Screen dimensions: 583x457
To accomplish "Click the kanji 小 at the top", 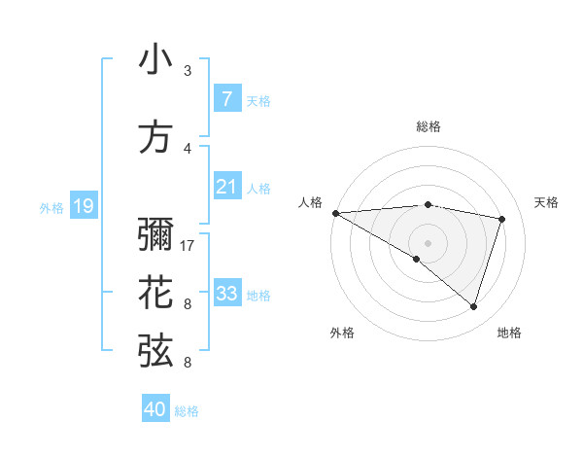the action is tap(156, 61).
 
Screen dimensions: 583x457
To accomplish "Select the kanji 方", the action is tap(156, 137).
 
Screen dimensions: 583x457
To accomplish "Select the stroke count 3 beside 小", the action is tap(188, 71).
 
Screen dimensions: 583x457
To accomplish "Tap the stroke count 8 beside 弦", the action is tap(188, 363).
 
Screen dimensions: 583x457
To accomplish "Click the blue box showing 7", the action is tap(226, 98).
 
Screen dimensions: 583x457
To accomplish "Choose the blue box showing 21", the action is tap(226, 187).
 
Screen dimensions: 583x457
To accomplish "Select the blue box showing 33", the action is tap(226, 294).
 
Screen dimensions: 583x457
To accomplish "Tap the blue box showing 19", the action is tap(83, 205).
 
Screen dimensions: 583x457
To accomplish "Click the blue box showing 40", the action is tap(155, 409).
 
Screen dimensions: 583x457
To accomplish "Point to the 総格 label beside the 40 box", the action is tap(187, 411).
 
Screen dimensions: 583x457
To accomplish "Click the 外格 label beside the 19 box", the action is tap(51, 207).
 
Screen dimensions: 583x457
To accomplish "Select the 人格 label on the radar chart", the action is tap(311, 202).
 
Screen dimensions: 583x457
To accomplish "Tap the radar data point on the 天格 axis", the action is tap(502, 219).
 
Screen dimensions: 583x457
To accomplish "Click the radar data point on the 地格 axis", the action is tap(473, 306).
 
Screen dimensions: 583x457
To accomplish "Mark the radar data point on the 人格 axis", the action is tap(335, 212).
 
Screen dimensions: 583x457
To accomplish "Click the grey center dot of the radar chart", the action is tap(428, 242).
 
